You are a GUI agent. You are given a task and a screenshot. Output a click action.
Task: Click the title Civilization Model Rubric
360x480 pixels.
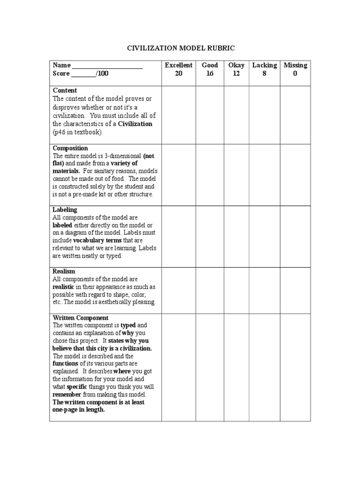point(180,48)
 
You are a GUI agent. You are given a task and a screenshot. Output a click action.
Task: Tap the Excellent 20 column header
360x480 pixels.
point(179,69)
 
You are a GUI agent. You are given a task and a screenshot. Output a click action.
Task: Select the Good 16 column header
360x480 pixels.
point(210,69)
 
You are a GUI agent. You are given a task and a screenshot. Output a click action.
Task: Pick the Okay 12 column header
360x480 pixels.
point(236,69)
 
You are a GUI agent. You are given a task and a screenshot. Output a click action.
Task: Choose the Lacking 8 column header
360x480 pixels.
point(264,69)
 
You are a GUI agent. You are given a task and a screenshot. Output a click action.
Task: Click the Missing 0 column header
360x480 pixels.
point(295,69)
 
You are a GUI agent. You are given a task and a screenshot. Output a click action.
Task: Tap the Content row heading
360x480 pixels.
point(65,90)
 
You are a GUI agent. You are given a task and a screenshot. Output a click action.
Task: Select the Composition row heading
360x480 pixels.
point(70,149)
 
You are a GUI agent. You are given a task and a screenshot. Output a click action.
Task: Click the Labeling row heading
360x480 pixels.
point(65,210)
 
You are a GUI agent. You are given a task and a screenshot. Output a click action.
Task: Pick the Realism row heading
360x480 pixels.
point(64,271)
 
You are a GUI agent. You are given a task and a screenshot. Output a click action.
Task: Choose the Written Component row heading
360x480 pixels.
point(81,318)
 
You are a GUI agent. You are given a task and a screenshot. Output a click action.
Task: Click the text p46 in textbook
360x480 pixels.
point(77,132)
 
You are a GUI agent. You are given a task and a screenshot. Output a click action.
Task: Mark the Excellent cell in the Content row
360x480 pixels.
point(179,115)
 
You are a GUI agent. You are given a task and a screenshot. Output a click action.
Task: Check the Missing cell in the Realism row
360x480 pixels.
point(295,290)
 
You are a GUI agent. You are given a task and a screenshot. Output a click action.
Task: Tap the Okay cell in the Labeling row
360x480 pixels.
point(236,236)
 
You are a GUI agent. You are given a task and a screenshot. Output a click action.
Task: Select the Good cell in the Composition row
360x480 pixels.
point(210,175)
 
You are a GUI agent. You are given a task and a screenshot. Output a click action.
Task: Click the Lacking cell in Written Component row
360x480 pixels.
point(264,367)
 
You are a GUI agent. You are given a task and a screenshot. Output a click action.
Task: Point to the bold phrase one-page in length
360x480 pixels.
point(79,409)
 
